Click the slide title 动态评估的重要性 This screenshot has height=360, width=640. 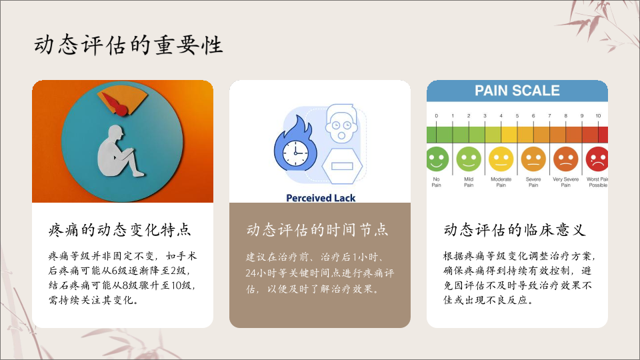pyautogui.click(x=128, y=45)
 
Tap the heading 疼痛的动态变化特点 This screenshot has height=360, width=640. pyautogui.click(x=119, y=230)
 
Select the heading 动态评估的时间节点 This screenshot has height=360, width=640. pyautogui.click(x=317, y=230)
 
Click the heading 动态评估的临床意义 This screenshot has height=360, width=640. pyautogui.click(x=515, y=230)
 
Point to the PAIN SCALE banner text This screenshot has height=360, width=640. pyautogui.click(x=517, y=91)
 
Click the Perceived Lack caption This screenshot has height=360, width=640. pyautogui.click(x=321, y=198)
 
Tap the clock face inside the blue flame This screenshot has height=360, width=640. pyautogui.click(x=295, y=153)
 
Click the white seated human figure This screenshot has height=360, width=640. pyautogui.click(x=119, y=152)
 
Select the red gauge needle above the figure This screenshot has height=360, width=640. pyautogui.click(x=115, y=105)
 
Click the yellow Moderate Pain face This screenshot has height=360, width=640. pyautogui.click(x=501, y=159)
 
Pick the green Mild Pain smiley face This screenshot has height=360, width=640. pyautogui.click(x=469, y=159)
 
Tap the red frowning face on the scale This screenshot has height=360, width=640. pyautogui.click(x=597, y=159)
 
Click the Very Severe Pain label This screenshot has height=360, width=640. pyautogui.click(x=566, y=182)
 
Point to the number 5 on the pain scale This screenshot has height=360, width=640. pyautogui.click(x=517, y=116)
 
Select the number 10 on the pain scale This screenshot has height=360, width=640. pyautogui.click(x=598, y=116)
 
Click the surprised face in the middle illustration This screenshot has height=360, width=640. pyautogui.click(x=341, y=123)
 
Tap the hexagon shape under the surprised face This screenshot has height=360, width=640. pyautogui.click(x=342, y=166)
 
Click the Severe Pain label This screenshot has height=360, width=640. pyautogui.click(x=533, y=182)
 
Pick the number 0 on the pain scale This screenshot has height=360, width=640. pyautogui.click(x=436, y=116)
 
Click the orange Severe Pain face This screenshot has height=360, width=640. pyautogui.click(x=533, y=159)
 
